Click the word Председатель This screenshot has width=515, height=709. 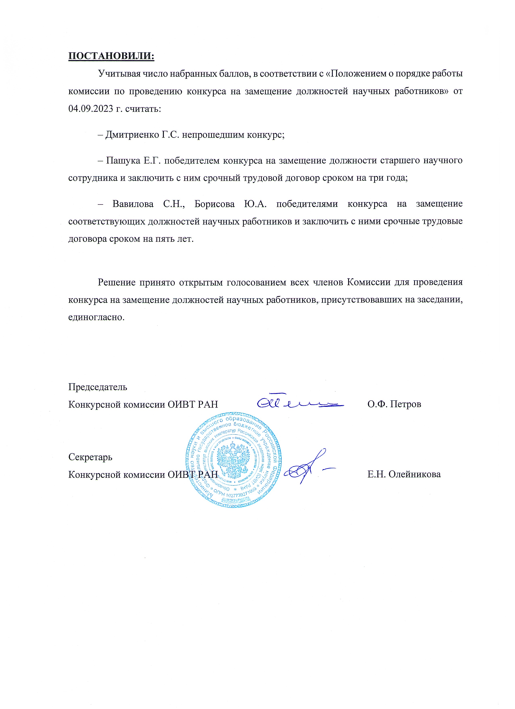click(x=98, y=387)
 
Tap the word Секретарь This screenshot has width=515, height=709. click(x=90, y=457)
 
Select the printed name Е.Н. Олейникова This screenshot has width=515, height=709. click(x=404, y=474)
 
